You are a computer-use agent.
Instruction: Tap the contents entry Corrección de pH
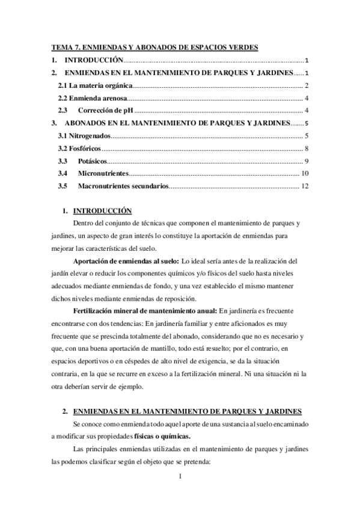[105, 110]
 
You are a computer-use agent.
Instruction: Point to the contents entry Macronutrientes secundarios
[123, 186]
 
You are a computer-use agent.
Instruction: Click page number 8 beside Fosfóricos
[307, 149]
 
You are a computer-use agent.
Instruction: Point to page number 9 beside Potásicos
[307, 161]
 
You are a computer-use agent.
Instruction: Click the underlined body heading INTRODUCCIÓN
[102, 211]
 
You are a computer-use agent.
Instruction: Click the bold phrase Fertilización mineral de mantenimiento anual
[144, 310]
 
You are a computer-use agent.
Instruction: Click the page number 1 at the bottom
[180, 478]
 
